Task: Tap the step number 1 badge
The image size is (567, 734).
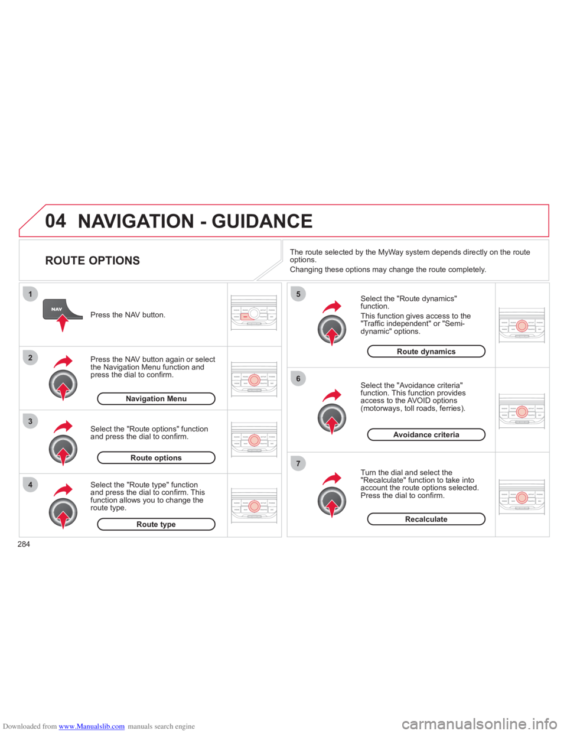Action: (x=30, y=294)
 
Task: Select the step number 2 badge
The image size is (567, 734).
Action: (x=30, y=358)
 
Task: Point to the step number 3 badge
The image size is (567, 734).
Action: (x=30, y=421)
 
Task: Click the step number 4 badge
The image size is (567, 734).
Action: (x=30, y=485)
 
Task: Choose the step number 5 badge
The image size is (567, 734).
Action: (x=298, y=294)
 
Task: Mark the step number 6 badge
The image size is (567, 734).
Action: (x=298, y=378)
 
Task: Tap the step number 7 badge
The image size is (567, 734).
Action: (x=298, y=463)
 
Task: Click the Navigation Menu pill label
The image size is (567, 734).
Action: (x=157, y=399)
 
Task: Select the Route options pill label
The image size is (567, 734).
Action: (x=157, y=458)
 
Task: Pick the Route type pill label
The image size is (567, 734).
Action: (x=157, y=524)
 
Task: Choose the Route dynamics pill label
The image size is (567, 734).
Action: (x=426, y=352)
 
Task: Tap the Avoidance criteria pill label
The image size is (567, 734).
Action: (x=426, y=435)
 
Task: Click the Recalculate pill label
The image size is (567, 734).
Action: (x=426, y=519)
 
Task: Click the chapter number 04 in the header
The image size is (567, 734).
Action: (x=56, y=221)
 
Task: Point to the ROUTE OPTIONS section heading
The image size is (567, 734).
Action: (x=93, y=261)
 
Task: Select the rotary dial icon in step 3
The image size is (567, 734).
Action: (x=63, y=449)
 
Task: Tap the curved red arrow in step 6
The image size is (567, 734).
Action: (x=333, y=395)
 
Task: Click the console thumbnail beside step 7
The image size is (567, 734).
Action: (x=522, y=497)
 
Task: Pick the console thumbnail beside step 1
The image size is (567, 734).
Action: (x=253, y=314)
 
